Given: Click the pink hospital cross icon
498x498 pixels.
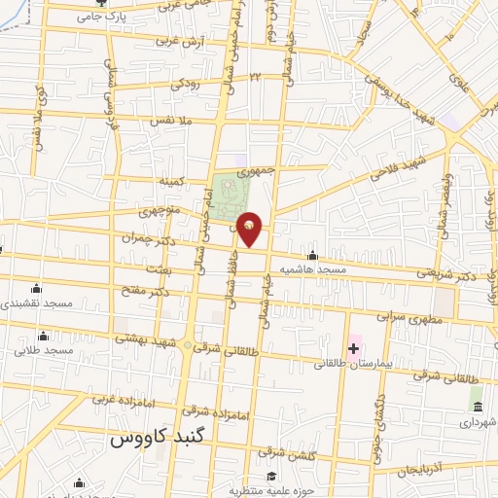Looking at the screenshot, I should click(352, 348).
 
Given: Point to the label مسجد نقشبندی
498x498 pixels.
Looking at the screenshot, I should click(37, 303).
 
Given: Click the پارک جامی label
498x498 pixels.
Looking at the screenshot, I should click(106, 18).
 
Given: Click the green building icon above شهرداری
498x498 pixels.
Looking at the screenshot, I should click(477, 405).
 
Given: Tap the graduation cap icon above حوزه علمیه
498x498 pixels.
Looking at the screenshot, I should click(273, 476).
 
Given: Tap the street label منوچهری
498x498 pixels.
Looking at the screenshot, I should click(159, 210).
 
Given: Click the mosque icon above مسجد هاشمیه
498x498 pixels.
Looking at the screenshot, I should click(311, 255).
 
